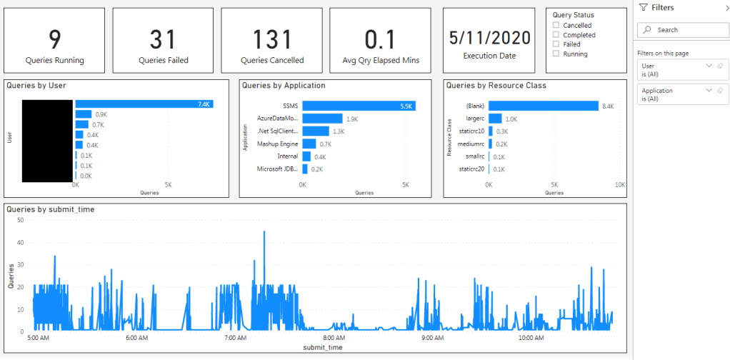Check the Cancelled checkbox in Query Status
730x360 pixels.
pyautogui.click(x=556, y=26)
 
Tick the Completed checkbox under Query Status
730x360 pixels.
pyautogui.click(x=556, y=35)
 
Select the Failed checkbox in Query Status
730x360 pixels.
pyautogui.click(x=556, y=44)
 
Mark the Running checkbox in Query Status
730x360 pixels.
pyautogui.click(x=556, y=54)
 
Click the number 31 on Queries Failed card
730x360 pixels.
pyautogui.click(x=164, y=39)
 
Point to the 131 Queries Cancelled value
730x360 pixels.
pyautogui.click(x=272, y=39)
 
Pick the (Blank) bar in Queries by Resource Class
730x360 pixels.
pyautogui.click(x=543, y=106)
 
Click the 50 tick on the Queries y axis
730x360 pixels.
pyautogui.click(x=20, y=220)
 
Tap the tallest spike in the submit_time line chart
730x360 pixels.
pyautogui.click(x=264, y=233)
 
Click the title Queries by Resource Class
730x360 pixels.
pyautogui.click(x=496, y=86)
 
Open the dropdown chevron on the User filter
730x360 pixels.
pyautogui.click(x=709, y=65)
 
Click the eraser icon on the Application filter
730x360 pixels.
pyautogui.click(x=720, y=91)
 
